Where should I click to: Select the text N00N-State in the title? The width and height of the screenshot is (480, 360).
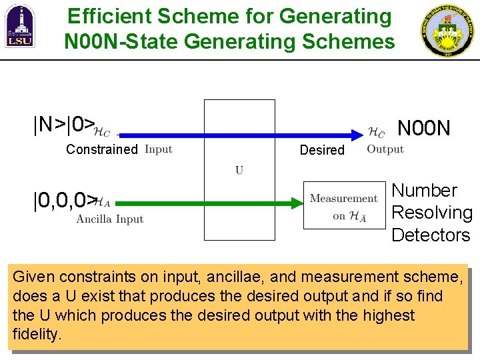121,42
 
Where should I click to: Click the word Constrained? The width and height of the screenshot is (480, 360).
101,149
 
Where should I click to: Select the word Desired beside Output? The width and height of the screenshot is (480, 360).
322,150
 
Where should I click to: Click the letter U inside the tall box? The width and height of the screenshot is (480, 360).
239,170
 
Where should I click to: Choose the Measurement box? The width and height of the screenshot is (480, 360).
344,205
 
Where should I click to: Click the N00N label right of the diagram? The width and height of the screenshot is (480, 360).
424,127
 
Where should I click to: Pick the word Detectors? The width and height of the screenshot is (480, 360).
431,235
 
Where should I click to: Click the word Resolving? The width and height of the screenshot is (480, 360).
432,213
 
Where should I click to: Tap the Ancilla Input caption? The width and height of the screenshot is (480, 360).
110,219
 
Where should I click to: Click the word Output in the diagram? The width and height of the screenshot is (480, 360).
385,149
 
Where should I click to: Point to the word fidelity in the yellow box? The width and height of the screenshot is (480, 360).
37,334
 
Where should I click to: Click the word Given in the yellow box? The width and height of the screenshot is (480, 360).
32,277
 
